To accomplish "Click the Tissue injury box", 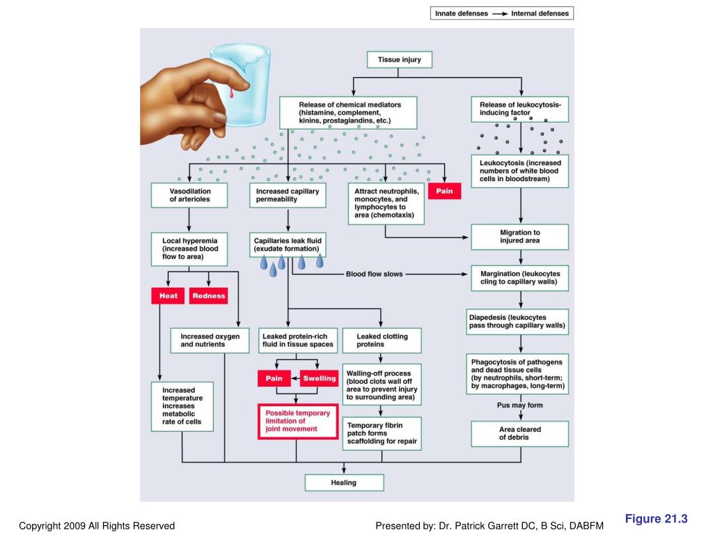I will pyautogui.click(x=399, y=60).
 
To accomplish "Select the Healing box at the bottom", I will pyautogui.click(x=344, y=483).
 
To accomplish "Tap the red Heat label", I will pyautogui.click(x=169, y=295).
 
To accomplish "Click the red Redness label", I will pyautogui.click(x=209, y=295).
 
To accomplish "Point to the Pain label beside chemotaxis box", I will pyautogui.click(x=444, y=191).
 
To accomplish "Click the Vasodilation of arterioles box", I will pyautogui.click(x=190, y=195).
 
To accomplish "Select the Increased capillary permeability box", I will pyautogui.click(x=287, y=195).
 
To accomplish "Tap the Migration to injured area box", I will pyautogui.click(x=520, y=237).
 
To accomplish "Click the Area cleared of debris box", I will pyautogui.click(x=520, y=433).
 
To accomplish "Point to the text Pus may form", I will pyautogui.click(x=520, y=405).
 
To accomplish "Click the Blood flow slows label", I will pyautogui.click(x=375, y=274).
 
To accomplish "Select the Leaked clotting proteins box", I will pyautogui.click(x=382, y=340).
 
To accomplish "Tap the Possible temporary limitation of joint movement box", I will pyautogui.click(x=297, y=421).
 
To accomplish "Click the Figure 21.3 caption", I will pyautogui.click(x=656, y=518).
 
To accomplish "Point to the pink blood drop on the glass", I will pyautogui.click(x=230, y=91).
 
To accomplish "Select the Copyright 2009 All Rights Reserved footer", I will pyautogui.click(x=97, y=526).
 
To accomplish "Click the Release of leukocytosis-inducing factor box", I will pyautogui.click(x=520, y=109).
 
